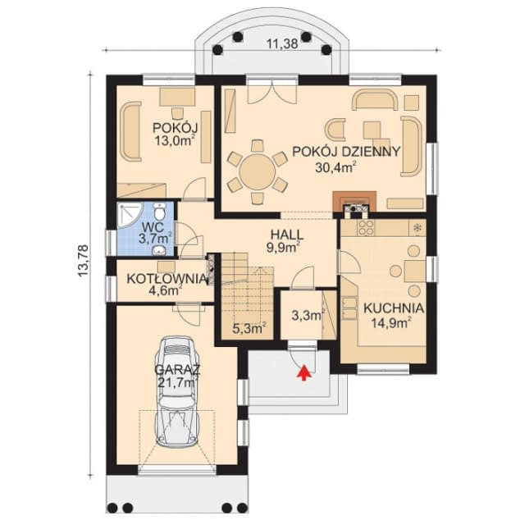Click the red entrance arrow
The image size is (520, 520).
[x=305, y=373]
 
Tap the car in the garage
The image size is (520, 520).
[x=178, y=391]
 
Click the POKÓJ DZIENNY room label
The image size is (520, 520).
[x=347, y=152]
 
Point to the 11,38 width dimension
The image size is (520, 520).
[x=283, y=43]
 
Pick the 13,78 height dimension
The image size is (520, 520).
[x=83, y=260]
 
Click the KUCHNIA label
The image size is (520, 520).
[x=394, y=308]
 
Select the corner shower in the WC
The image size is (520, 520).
[x=130, y=216]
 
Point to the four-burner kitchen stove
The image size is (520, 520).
[x=366, y=228]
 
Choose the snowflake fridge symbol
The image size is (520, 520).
[x=417, y=227]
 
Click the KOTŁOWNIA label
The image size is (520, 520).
[x=166, y=279]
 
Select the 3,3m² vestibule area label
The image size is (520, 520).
[x=308, y=315]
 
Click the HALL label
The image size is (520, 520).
[x=287, y=235]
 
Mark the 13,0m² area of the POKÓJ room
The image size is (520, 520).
[x=175, y=140]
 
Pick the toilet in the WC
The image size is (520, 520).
[x=160, y=212]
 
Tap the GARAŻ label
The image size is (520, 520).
[x=177, y=369]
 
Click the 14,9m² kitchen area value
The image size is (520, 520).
[x=391, y=322]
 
